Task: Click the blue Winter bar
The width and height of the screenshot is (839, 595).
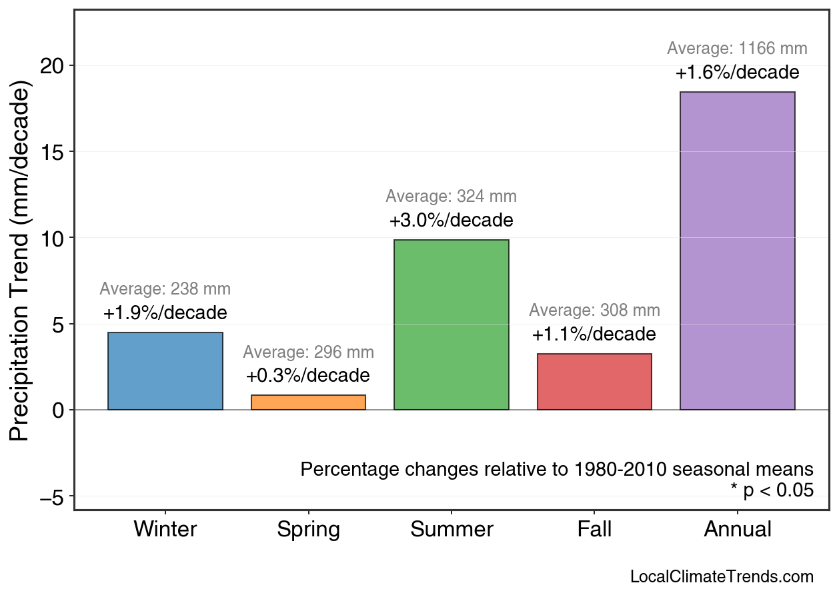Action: pos(165,371)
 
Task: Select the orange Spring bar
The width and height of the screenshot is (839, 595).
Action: pos(308,402)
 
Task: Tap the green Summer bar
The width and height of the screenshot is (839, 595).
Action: pos(452,324)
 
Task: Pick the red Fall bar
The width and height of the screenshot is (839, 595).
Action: pos(594,382)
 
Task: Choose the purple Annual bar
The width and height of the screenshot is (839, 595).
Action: pos(737,251)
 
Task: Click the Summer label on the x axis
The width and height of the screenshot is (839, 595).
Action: pos(452,530)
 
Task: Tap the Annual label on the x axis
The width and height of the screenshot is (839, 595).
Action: pos(737,530)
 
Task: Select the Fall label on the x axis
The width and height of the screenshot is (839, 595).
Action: pos(594,530)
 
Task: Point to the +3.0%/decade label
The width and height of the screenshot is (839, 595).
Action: pos(452,221)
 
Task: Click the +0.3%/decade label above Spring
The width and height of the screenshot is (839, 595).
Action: pos(308,376)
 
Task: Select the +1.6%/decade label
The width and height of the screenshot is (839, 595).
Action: pos(737,73)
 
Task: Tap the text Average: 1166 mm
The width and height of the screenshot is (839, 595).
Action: pos(737,49)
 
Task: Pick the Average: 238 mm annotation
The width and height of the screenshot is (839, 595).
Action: pos(165,289)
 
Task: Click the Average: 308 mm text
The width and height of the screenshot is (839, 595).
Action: pos(594,310)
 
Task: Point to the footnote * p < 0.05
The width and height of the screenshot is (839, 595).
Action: pos(772,491)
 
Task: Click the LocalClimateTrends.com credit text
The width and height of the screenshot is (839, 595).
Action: pos(722,577)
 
